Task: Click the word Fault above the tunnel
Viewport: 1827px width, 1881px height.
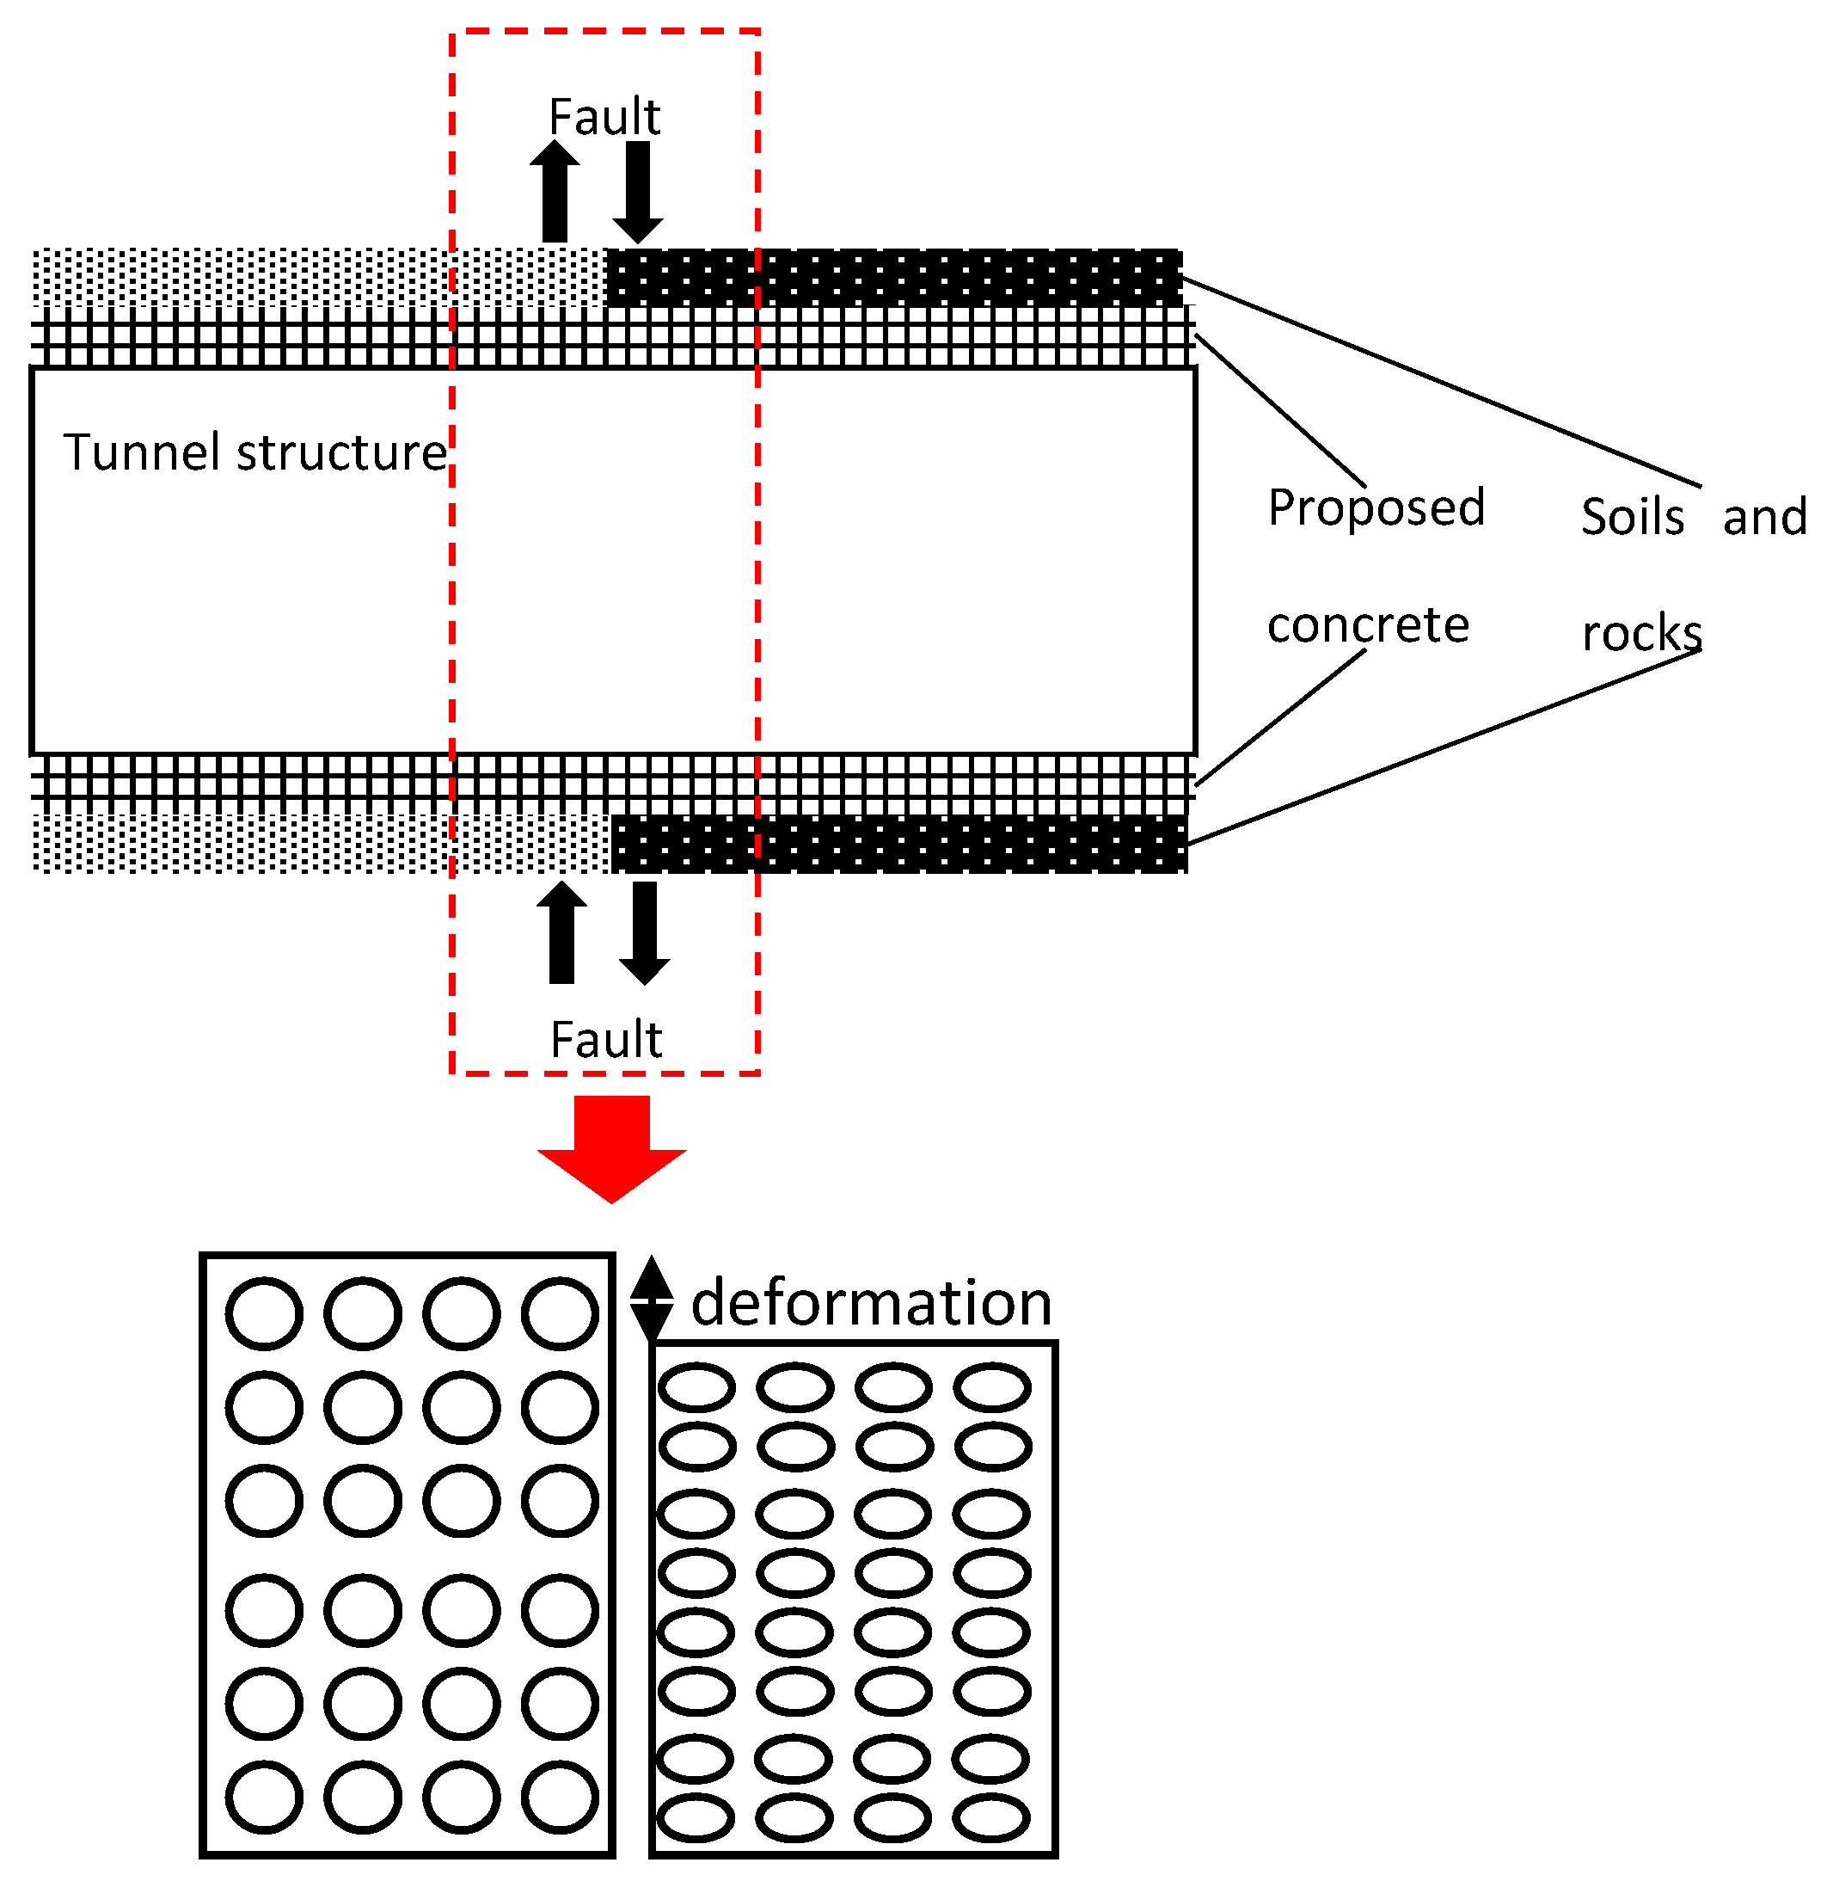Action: click(x=604, y=117)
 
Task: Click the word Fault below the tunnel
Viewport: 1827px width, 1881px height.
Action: click(x=605, y=1041)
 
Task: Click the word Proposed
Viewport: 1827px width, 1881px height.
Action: click(x=1375, y=508)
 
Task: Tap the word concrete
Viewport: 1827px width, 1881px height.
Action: click(x=1367, y=626)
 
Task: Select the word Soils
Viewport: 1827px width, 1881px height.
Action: click(x=1631, y=517)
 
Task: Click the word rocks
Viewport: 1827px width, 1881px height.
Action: click(x=1640, y=633)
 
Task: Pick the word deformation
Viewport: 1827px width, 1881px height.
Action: click(x=870, y=1304)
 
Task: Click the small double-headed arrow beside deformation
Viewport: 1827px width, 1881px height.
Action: click(x=652, y=1299)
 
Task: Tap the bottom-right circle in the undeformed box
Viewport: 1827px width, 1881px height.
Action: click(x=561, y=1798)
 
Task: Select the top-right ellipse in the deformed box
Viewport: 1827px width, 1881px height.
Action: click(x=992, y=1387)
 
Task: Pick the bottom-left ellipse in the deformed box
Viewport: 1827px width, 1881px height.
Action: click(x=696, y=1817)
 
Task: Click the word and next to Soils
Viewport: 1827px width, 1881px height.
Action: click(x=1763, y=517)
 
